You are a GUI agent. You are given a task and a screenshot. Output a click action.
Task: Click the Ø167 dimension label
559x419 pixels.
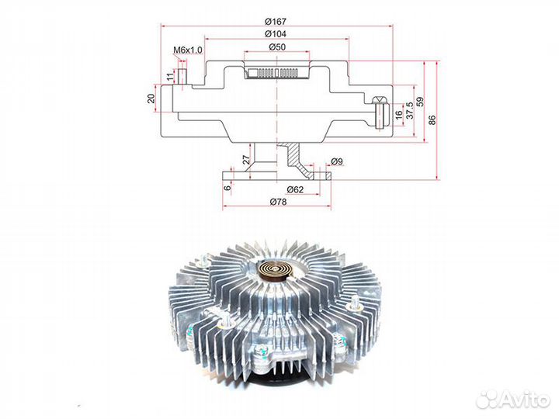coord(275,22)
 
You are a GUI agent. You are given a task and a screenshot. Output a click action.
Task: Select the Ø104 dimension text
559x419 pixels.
coord(275,34)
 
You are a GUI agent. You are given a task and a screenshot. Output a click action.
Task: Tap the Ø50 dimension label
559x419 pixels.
coord(277,47)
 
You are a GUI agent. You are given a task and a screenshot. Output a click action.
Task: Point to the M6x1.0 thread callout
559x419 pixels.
coord(188,50)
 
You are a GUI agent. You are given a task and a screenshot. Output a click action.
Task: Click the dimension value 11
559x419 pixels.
coord(171,76)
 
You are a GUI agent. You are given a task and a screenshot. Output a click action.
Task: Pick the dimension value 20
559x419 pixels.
coord(151,99)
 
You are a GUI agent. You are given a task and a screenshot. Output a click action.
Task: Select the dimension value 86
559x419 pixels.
coord(432,119)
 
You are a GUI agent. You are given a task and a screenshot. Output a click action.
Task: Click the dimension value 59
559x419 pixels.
coord(420,102)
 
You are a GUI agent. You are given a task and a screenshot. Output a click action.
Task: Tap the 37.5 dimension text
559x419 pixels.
coord(410,110)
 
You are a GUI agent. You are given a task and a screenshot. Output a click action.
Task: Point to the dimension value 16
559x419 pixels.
coord(398,114)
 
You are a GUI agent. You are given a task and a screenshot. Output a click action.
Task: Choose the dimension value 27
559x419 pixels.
coord(247,159)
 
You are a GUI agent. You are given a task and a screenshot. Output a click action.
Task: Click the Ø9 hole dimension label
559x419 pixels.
coord(337,161)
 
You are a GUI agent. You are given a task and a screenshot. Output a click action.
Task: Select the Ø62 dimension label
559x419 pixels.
coord(295,189)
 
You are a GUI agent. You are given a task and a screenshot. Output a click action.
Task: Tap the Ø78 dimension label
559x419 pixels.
coord(278,202)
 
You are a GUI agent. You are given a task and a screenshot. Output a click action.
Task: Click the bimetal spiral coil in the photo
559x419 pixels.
coord(276,271)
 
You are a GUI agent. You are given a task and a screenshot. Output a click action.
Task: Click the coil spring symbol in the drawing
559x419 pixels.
coord(273,73)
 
